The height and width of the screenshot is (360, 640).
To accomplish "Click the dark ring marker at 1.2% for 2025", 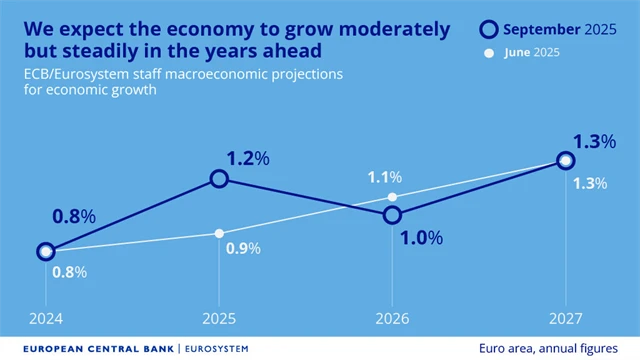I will tap(219, 178).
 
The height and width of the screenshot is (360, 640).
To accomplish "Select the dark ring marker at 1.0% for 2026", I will tap(392, 214).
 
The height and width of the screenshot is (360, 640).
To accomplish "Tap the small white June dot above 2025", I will tap(219, 233).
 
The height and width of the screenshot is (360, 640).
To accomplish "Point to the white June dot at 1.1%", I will tap(392, 197).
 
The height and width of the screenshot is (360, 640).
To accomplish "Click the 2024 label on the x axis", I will tap(45, 318).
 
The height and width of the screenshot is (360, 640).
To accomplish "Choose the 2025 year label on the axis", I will tap(219, 318).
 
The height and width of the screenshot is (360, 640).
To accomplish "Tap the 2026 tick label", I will tap(392, 318).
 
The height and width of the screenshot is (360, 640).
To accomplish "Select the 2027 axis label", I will tap(566, 318).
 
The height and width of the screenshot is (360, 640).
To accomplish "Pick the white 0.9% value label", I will tap(242, 249).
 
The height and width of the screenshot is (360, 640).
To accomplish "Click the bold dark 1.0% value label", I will tap(419, 237).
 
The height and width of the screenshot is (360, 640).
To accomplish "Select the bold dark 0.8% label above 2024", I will tap(73, 216).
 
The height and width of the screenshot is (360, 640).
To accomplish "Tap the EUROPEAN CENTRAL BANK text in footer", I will tap(90, 349).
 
